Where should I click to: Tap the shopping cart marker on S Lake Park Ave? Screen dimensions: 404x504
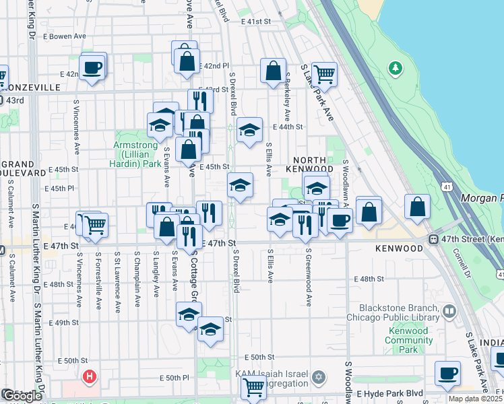point(324,74)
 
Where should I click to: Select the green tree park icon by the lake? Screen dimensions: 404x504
point(394,68)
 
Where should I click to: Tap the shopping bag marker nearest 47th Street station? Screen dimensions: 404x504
point(418,207)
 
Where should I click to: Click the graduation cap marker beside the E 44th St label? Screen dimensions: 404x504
point(249,131)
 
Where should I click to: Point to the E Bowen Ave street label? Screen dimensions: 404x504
point(65,36)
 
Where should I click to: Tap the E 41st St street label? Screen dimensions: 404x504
point(255,22)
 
